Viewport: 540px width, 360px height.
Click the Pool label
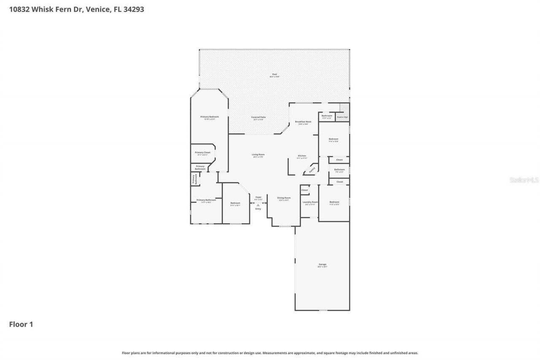(275, 74)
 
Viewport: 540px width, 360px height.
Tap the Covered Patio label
(258, 117)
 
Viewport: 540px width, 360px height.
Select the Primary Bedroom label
(209, 117)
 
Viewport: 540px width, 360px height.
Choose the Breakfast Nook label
(303, 122)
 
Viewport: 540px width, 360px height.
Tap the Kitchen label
(302, 156)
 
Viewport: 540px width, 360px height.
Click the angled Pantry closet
(312, 170)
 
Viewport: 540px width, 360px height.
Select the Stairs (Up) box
(342, 117)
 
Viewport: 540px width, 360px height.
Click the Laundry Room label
(310, 202)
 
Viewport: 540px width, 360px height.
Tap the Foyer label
(258, 197)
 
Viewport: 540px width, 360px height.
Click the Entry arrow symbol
(258, 205)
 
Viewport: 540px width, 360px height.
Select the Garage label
(322, 265)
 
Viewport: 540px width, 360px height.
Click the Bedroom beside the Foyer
(235, 203)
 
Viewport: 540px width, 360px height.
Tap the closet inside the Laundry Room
(305, 190)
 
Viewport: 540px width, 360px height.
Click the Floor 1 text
(21, 325)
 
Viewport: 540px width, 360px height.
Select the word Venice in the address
(97, 9)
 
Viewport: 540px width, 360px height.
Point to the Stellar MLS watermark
(524, 180)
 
